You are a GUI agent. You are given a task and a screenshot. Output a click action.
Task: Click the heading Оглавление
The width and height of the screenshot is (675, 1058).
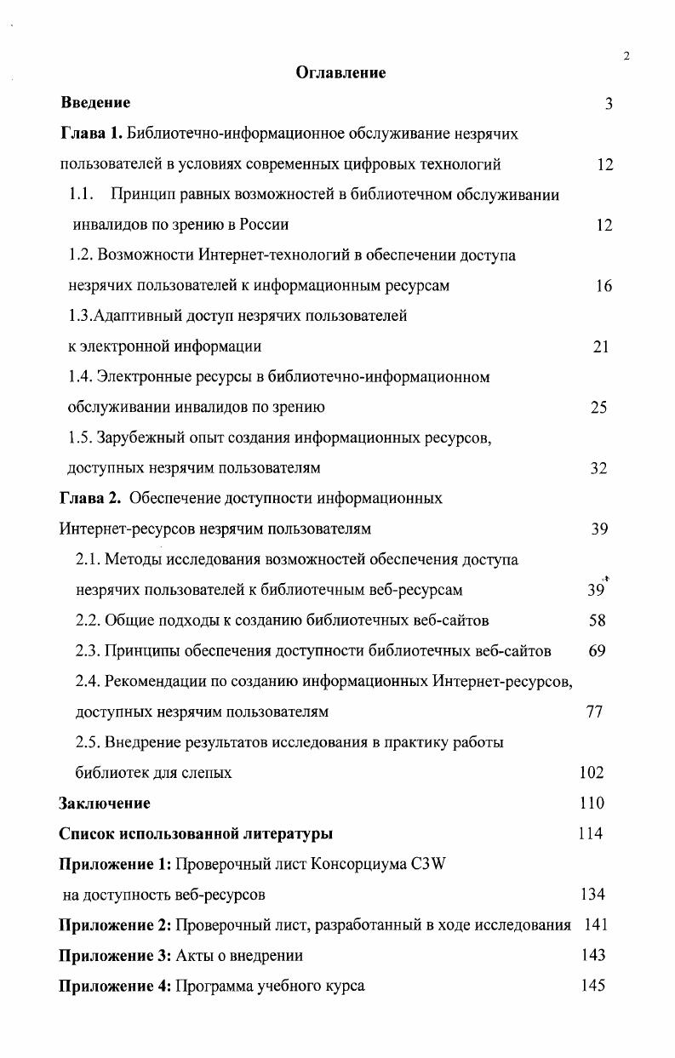point(340,73)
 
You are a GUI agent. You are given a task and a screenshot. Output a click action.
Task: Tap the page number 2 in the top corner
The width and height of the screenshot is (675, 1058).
point(626,56)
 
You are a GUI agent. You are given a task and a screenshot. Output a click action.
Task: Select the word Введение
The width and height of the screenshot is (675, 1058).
point(95,103)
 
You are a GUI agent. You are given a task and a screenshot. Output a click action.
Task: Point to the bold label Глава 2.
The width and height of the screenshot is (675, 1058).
point(90,498)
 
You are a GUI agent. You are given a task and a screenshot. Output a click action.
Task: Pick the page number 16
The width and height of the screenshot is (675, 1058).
point(603,286)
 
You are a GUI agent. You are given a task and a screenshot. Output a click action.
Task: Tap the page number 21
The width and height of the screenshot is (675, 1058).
point(600,346)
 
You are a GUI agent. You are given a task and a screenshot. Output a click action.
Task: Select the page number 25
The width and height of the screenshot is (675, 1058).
point(598,408)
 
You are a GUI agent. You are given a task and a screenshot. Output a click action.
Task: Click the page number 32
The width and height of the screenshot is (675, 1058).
point(598,468)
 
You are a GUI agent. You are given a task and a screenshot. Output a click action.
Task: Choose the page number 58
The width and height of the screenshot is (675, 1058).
point(597,621)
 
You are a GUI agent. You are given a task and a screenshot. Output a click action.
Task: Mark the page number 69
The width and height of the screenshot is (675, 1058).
point(597,651)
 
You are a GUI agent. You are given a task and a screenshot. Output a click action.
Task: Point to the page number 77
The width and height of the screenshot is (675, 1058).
point(595,712)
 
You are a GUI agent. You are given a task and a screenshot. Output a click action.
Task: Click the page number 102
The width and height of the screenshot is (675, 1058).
point(591,773)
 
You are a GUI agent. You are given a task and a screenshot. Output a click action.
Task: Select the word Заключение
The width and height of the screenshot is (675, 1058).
point(105,803)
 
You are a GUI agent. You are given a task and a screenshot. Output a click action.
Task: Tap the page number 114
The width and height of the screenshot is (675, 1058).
point(590,833)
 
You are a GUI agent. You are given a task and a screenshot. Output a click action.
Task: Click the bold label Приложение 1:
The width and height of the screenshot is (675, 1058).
point(115,864)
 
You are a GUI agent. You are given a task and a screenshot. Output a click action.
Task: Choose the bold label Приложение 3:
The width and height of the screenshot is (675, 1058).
point(115,955)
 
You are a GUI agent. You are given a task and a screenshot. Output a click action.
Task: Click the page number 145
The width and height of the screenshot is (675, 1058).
point(592,986)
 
